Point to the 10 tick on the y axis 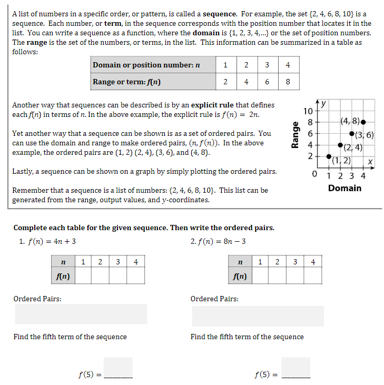pyautogui.click(x=309, y=111)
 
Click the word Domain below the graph pyautogui.click(x=344, y=188)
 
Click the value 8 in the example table pyautogui.click(x=288, y=82)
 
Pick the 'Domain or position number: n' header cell pyautogui.click(x=146, y=65)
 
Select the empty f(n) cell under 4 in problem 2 pyautogui.click(x=313, y=275)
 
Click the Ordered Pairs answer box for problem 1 pyautogui.click(x=81, y=314)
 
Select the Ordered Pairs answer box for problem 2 pyautogui.click(x=258, y=316)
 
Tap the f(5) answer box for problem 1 pyautogui.click(x=118, y=367)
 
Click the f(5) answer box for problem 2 pyautogui.click(x=296, y=367)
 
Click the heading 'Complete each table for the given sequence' pyautogui.click(x=143, y=228)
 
